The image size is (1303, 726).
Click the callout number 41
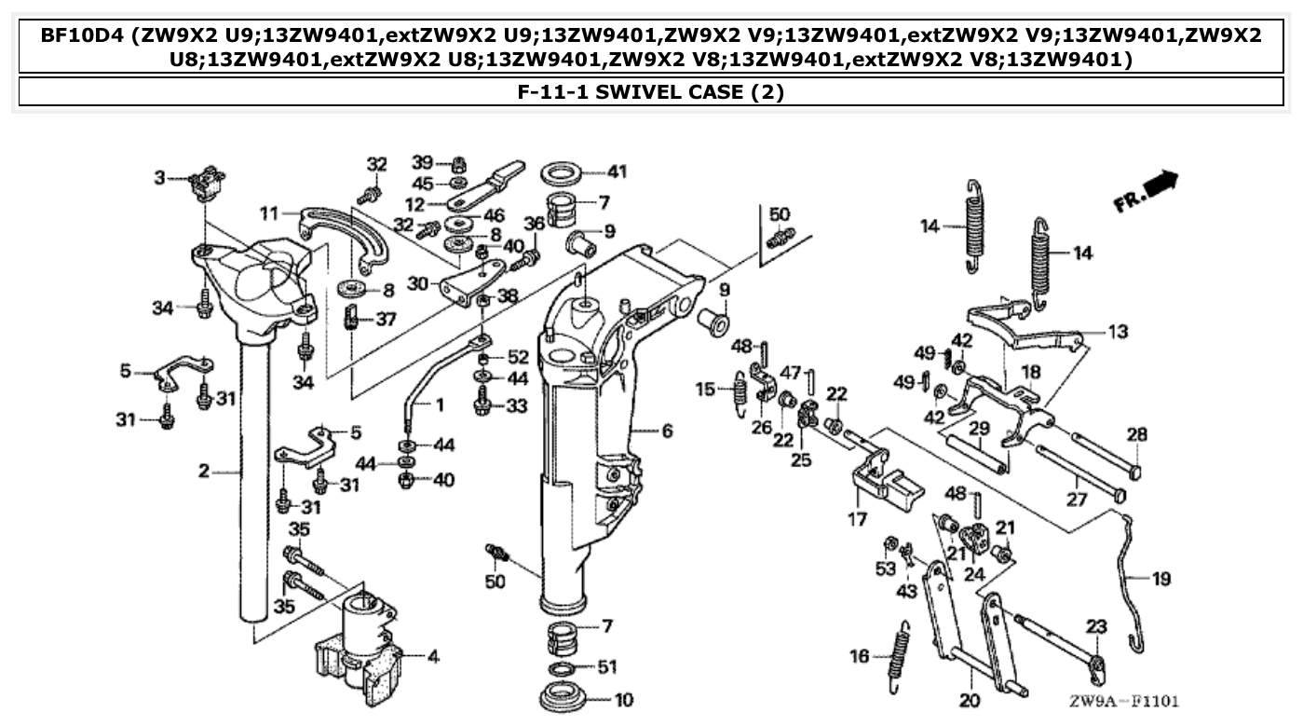tap(618, 171)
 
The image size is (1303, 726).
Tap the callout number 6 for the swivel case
tap(667, 431)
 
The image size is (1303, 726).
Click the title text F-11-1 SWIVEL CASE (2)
tap(650, 92)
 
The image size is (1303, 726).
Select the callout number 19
tap(1160, 579)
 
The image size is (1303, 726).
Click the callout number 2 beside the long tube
tap(204, 472)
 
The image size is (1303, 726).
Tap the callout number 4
tap(432, 656)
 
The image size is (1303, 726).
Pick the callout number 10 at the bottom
tap(623, 699)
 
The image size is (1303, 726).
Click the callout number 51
tap(607, 667)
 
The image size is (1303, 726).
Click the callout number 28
tap(1137, 435)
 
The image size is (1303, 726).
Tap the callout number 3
tap(159, 177)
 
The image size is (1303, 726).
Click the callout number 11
tap(269, 213)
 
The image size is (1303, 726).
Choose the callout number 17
tap(857, 519)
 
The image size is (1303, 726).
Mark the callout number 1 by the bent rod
tap(439, 404)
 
